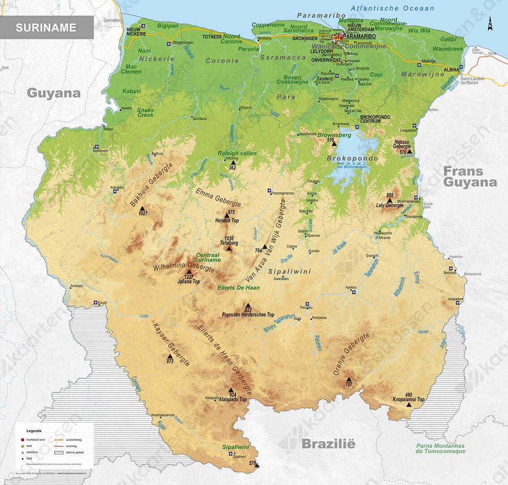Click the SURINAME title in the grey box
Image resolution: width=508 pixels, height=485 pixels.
46,27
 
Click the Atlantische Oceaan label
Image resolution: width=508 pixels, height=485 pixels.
392,8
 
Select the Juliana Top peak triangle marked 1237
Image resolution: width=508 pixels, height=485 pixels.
189,272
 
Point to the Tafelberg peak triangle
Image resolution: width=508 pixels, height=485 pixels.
229,248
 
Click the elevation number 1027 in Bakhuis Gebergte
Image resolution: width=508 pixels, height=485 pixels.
142,214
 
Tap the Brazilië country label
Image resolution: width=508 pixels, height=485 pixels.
328,444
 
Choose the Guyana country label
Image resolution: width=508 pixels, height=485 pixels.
54,93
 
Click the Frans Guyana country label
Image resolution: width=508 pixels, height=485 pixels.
470,177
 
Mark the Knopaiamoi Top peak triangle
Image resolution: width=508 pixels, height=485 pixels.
409,405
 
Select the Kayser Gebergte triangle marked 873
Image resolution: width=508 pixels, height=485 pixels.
170,356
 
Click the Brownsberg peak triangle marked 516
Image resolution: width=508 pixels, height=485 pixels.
334,144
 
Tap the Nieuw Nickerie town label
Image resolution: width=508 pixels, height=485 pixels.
136,31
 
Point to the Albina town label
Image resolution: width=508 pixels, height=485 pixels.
451,70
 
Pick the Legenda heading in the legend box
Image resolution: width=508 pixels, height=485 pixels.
34,431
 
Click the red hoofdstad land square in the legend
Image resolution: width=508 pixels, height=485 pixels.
22,440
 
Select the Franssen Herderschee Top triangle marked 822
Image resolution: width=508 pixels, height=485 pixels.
248,305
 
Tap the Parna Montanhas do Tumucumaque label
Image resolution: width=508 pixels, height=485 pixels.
440,449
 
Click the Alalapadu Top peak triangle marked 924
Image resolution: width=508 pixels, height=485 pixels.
231,390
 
